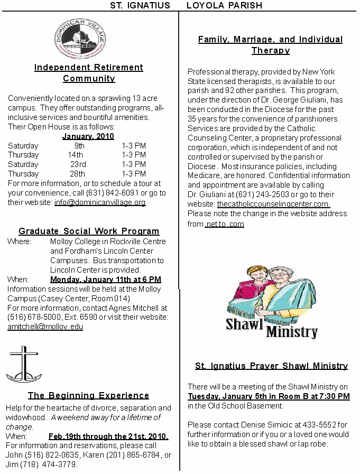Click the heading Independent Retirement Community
[x=89, y=73]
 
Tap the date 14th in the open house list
[x=76, y=155]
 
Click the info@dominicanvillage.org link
[x=100, y=202]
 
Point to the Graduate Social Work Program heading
[x=89, y=231]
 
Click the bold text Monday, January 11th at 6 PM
[x=106, y=280]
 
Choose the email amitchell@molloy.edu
[x=45, y=327]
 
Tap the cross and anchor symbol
[x=23, y=364]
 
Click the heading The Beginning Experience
[x=88, y=395]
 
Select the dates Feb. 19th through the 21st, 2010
[x=108, y=436]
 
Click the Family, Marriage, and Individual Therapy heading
[x=270, y=45]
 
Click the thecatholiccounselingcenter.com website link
[x=273, y=204]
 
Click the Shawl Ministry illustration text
[x=272, y=328]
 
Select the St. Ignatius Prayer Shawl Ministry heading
[x=271, y=366]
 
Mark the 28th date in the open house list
[x=77, y=174]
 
